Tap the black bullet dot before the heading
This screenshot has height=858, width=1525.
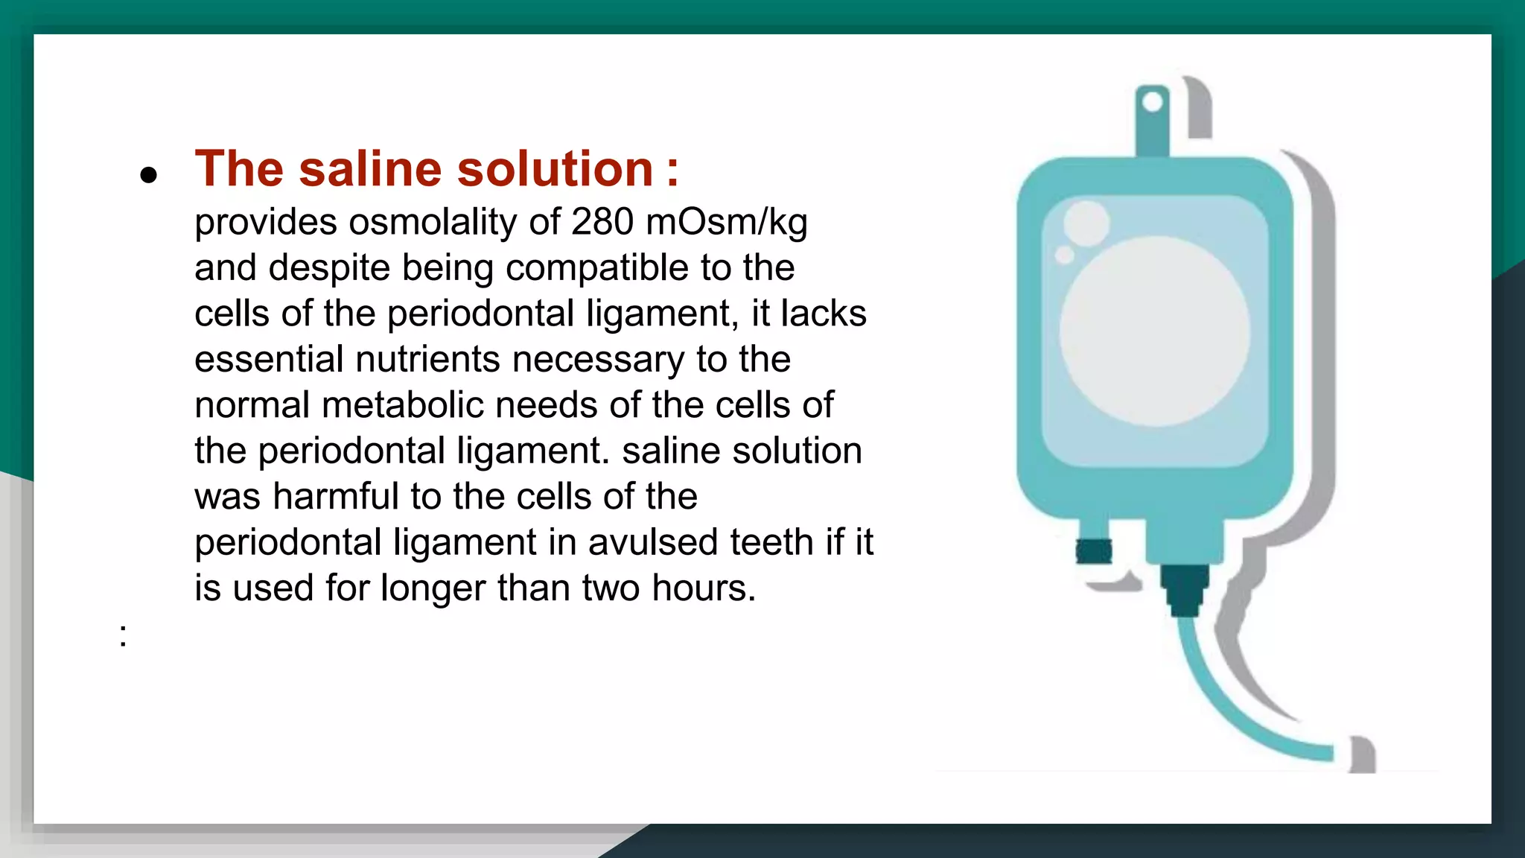click(149, 175)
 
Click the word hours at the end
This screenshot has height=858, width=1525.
click(704, 588)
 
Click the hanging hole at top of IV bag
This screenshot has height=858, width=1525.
click(1152, 102)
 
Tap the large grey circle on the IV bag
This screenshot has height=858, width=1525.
click(1154, 331)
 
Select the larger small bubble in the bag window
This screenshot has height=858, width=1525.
click(1086, 223)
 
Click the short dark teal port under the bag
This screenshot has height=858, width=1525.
click(1094, 551)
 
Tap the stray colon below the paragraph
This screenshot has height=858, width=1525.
click(123, 635)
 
